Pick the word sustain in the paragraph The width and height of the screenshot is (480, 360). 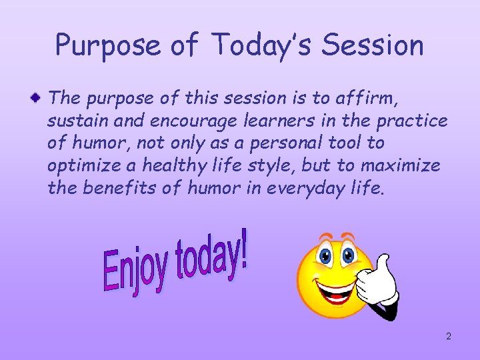click(72, 121)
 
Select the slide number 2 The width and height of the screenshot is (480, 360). click(449, 336)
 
